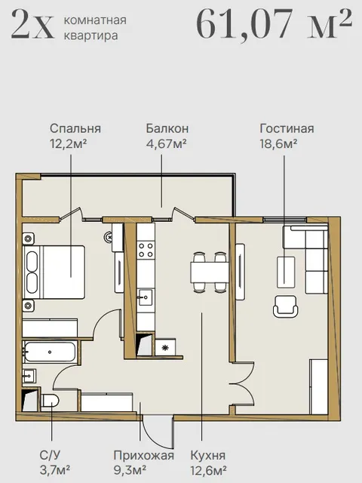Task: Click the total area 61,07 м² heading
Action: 274,25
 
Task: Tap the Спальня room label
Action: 75,128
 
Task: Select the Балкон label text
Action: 167,128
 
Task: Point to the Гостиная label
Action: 287,128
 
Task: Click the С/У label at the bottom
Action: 50,455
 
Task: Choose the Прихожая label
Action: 144,455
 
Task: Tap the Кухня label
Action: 208,455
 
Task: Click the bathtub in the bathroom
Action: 50,352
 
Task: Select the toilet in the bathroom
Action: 50,401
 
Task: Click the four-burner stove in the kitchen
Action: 146,250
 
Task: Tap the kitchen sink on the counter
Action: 146,297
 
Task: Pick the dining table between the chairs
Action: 210,272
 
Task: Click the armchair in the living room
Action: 285,306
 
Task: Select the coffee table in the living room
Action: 286,272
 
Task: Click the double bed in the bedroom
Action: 54,272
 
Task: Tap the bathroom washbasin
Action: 29,376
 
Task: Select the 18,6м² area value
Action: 278,143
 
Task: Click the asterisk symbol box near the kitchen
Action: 165,347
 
